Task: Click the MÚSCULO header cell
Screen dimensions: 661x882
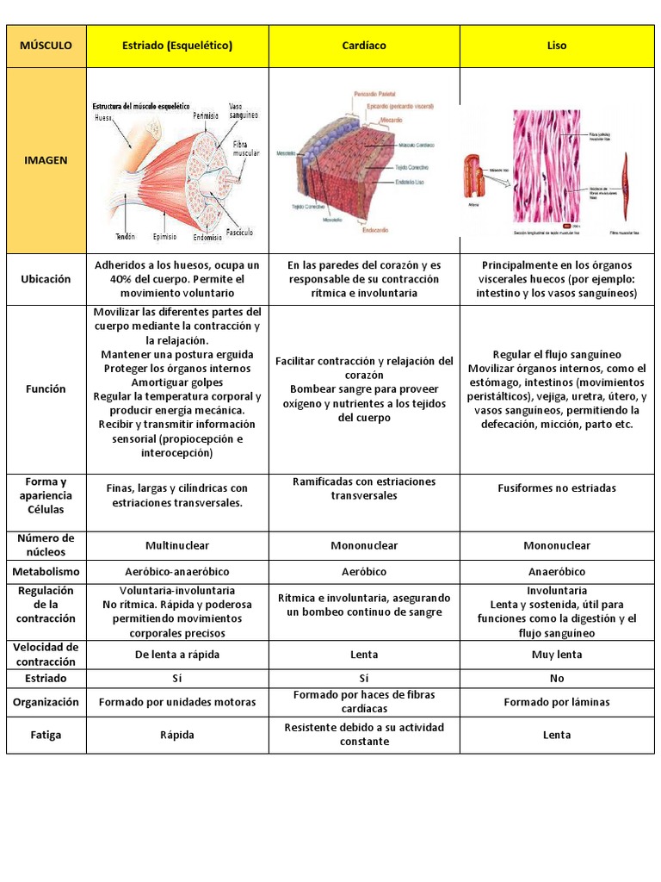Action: pyautogui.click(x=46, y=46)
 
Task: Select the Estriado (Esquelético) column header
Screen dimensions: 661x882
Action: pyautogui.click(x=177, y=46)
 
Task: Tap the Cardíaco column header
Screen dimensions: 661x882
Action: pyautogui.click(x=364, y=46)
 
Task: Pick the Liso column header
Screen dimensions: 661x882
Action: pyautogui.click(x=557, y=46)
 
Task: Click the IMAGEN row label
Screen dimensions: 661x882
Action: pyautogui.click(x=46, y=160)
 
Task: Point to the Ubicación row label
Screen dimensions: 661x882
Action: pyautogui.click(x=46, y=279)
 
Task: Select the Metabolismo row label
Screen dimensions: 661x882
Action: pyautogui.click(x=46, y=571)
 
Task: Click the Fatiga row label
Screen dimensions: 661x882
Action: pyautogui.click(x=46, y=735)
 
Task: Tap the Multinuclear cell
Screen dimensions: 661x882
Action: pyautogui.click(x=177, y=545)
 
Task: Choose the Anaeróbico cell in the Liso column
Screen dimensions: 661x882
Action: pyautogui.click(x=557, y=571)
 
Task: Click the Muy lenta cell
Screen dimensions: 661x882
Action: pyautogui.click(x=557, y=655)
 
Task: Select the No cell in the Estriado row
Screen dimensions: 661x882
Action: pyautogui.click(x=557, y=679)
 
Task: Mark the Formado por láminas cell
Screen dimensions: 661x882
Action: pyautogui.click(x=557, y=702)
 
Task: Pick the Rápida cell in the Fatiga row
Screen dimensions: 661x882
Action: pyautogui.click(x=177, y=735)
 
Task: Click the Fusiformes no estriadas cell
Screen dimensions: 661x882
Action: pyautogui.click(x=557, y=488)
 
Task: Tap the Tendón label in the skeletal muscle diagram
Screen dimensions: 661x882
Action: pyautogui.click(x=125, y=236)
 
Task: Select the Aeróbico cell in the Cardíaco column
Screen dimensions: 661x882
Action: pyautogui.click(x=364, y=571)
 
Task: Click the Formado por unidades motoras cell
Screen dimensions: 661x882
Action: pyautogui.click(x=177, y=702)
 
